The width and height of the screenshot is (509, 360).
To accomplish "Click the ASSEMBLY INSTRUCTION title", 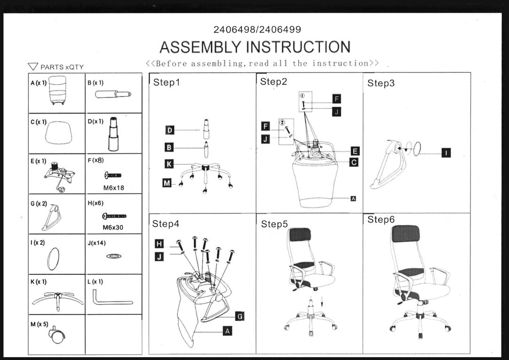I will click(254, 47).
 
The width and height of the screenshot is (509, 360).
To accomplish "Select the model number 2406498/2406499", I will click(257, 30).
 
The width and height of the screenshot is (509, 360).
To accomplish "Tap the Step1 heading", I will click(167, 83).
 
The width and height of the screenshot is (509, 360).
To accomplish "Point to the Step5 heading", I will click(274, 224).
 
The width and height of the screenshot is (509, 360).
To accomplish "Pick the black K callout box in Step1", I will click(169, 164).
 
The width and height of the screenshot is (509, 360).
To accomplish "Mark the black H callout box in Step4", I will click(159, 243).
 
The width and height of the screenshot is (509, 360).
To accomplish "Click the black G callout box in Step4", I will click(239, 316).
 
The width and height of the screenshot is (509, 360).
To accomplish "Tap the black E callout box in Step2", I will click(355, 151).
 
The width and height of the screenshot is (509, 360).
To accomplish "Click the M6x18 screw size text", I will click(113, 188).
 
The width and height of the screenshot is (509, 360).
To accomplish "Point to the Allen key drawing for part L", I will click(112, 298).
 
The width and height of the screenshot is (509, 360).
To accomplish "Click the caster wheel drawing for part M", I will click(57, 335).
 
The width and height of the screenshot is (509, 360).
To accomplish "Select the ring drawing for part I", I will click(53, 258).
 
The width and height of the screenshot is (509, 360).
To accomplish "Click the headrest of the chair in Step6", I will click(405, 233).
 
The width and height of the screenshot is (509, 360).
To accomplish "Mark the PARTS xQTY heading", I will click(56, 67).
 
